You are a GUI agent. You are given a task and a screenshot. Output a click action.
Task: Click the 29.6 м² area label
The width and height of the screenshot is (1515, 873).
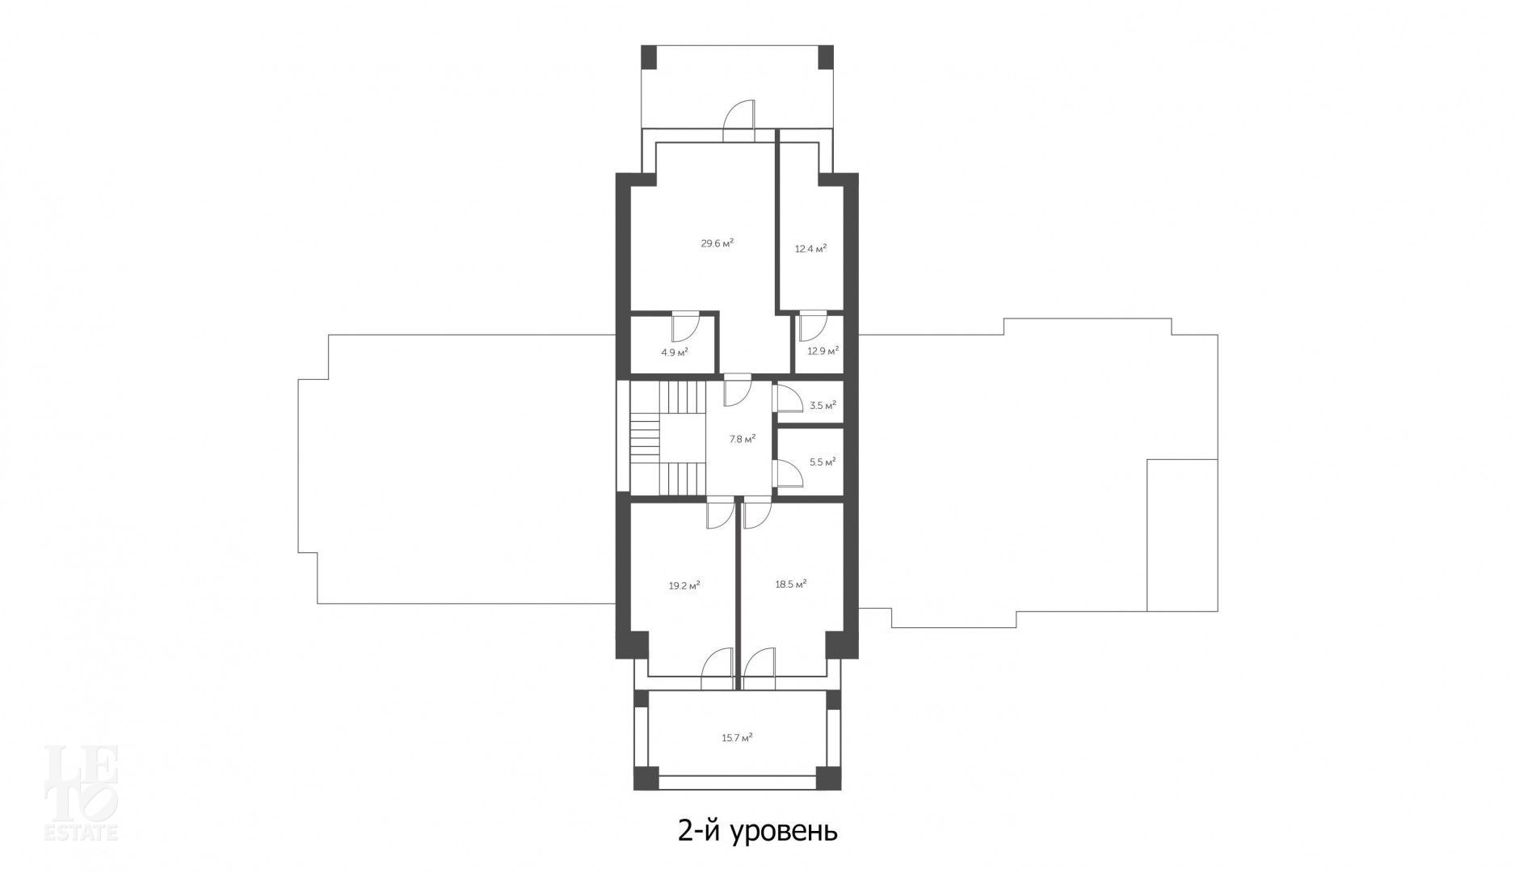point(717,242)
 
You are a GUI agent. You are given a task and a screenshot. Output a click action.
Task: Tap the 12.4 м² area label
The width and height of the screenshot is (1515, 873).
point(810,249)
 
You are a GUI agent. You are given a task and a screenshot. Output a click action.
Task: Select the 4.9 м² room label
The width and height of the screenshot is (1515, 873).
point(674,352)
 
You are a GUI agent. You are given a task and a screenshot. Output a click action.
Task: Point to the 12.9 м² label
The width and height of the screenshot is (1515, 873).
point(823,351)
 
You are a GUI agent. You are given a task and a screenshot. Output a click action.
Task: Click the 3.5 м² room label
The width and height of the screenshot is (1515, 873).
point(823,406)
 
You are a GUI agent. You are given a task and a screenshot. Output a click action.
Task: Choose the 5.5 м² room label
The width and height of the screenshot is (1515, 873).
point(823,462)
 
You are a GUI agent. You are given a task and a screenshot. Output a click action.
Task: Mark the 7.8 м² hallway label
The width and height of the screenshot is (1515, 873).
point(743,439)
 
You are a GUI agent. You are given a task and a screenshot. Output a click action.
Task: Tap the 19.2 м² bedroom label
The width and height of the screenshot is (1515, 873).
point(684,586)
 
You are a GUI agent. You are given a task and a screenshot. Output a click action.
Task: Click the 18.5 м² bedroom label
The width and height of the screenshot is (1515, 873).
point(791,584)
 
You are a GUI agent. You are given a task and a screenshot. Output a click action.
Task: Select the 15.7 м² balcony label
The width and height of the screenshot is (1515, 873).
point(737,737)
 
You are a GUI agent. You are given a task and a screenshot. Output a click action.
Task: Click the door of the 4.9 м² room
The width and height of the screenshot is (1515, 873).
point(684,327)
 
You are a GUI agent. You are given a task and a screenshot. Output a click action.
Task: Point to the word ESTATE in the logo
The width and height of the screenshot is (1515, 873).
point(81,832)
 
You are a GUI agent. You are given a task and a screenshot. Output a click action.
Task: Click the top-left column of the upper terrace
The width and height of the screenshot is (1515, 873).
point(649,57)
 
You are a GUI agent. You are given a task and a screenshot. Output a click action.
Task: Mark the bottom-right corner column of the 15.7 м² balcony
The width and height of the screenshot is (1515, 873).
point(828,778)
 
